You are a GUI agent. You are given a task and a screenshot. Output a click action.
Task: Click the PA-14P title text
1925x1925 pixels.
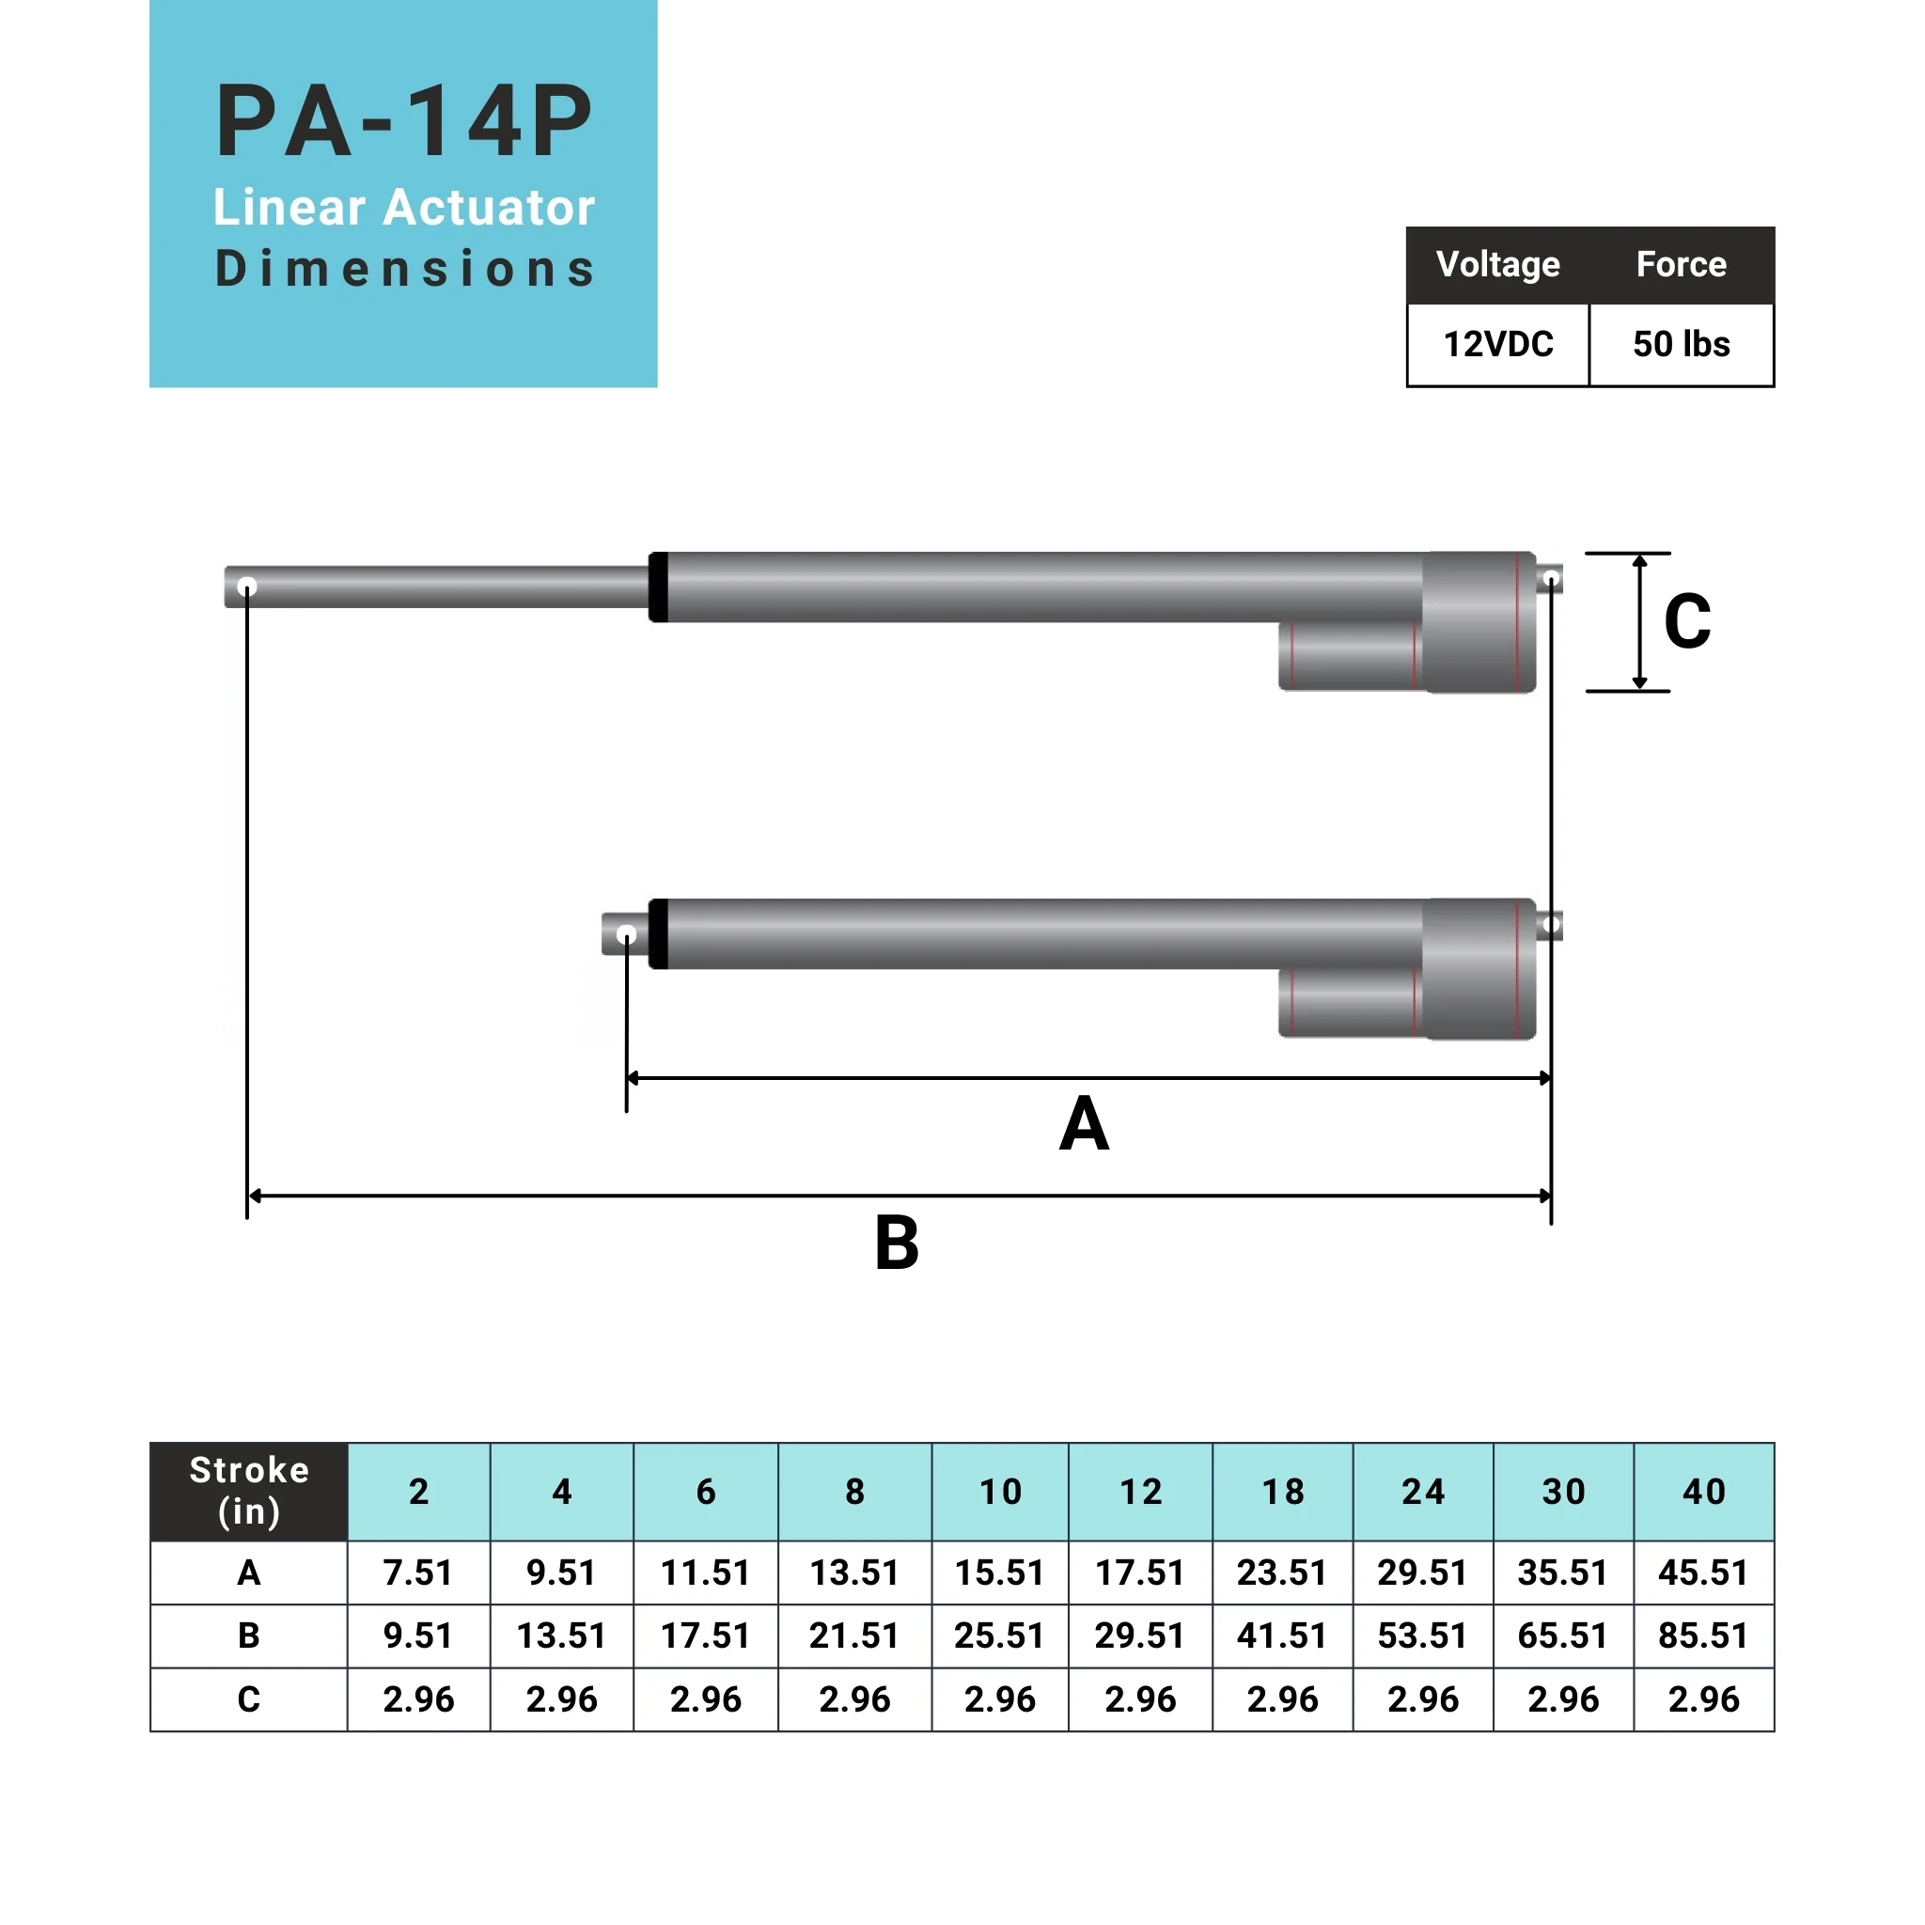pyautogui.click(x=403, y=121)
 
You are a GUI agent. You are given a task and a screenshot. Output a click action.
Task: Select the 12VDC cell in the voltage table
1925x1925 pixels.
pyautogui.click(x=1497, y=345)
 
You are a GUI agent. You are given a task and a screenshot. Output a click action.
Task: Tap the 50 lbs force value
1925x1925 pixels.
pyautogui.click(x=1681, y=345)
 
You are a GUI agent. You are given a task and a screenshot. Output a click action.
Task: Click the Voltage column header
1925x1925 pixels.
pyautogui.click(x=1497, y=265)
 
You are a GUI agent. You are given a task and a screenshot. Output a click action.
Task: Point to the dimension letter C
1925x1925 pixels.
pyautogui.click(x=1687, y=621)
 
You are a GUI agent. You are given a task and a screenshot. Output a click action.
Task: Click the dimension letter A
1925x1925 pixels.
pyautogui.click(x=1084, y=1125)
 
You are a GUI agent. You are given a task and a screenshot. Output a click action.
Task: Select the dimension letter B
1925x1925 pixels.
pyautogui.click(x=897, y=1244)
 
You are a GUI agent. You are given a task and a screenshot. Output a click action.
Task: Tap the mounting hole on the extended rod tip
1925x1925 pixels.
pyautogui.click(x=247, y=587)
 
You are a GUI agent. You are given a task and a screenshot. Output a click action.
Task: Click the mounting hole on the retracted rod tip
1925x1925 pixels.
pyautogui.click(x=627, y=934)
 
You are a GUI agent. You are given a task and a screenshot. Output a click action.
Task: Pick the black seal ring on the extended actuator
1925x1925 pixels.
pyautogui.click(x=659, y=587)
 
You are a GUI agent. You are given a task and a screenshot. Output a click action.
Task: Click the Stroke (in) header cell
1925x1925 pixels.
pyautogui.click(x=249, y=1491)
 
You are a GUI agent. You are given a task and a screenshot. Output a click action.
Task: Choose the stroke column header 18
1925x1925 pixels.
pyautogui.click(x=1282, y=1492)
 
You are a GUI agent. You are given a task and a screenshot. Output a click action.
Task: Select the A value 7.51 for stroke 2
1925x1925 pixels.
pyautogui.click(x=418, y=1573)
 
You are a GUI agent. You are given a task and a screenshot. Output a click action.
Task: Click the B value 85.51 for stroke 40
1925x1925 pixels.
pyautogui.click(x=1703, y=1635)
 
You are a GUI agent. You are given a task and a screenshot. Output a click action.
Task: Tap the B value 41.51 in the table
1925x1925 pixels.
pyautogui.click(x=1282, y=1635)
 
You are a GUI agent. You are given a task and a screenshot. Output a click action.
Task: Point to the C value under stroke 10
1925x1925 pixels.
pyautogui.click(x=1000, y=1698)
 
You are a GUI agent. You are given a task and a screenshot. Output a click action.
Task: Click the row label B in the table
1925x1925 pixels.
pyautogui.click(x=249, y=1635)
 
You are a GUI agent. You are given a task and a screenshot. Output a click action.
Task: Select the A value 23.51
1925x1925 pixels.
pyautogui.click(x=1282, y=1573)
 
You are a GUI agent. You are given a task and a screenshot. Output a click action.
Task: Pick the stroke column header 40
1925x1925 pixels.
pyautogui.click(x=1703, y=1492)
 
